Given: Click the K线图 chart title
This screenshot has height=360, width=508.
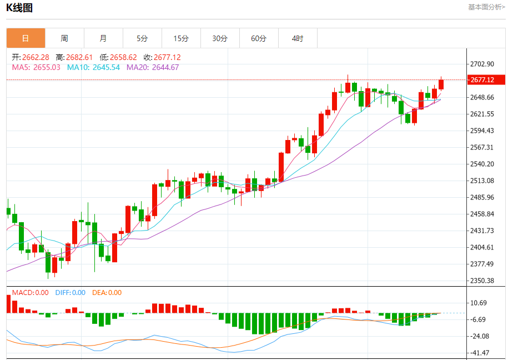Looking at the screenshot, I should click(19, 8).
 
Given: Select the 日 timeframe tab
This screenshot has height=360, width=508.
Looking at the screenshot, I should click(26, 38).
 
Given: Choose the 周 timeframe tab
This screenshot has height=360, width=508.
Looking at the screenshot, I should click(64, 38).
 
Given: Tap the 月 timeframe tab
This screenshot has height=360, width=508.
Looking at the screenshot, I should click(103, 38).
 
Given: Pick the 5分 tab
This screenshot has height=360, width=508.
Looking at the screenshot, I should click(142, 38).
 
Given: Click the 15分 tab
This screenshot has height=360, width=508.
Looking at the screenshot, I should click(181, 38).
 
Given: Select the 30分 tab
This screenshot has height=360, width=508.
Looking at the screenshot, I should click(220, 38).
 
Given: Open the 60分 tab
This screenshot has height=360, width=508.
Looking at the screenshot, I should click(259, 38).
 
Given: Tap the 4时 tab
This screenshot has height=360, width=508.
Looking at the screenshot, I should click(298, 38).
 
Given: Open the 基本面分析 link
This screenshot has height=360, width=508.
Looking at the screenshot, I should click(486, 7).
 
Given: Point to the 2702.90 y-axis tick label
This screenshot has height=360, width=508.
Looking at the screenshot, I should click(482, 64).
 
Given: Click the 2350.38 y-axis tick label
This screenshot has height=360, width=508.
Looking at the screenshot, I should click(482, 281).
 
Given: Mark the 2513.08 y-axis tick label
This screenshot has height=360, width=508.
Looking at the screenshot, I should click(482, 181).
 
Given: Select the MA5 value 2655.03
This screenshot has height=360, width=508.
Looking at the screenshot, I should click(47, 67).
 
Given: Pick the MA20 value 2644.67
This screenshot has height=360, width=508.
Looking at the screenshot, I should click(165, 67).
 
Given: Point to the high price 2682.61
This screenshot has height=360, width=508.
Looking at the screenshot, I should click(80, 57).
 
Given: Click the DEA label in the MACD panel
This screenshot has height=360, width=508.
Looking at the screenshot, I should click(99, 293).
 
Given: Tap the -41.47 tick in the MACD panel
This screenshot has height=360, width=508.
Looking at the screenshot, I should click(480, 353).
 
